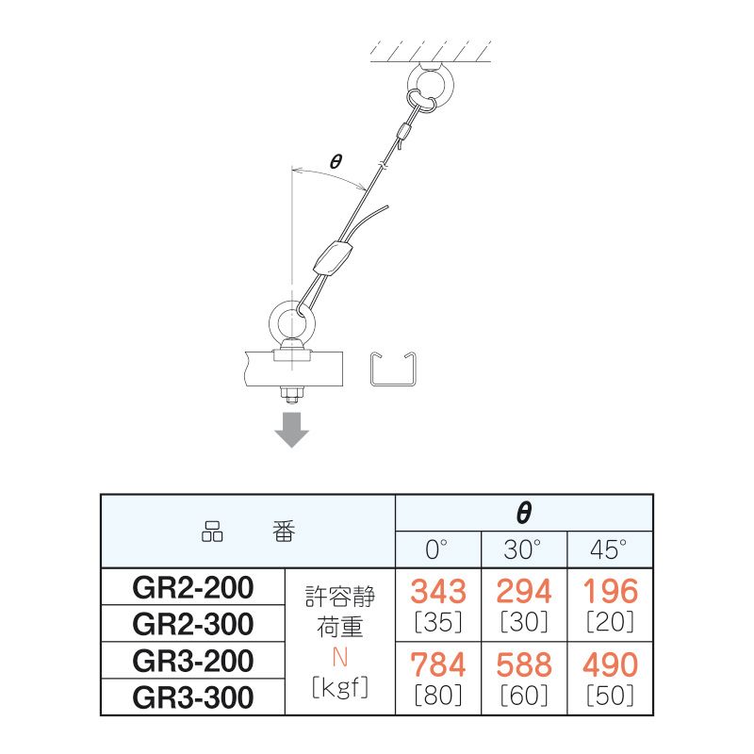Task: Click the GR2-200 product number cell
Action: [x=193, y=587]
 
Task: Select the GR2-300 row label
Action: [x=193, y=624]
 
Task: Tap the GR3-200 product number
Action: [x=193, y=661]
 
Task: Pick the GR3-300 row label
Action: [x=193, y=697]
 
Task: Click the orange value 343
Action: [x=438, y=591]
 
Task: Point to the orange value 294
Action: [x=524, y=591]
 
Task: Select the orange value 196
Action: [x=610, y=591]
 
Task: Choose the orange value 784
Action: [x=438, y=664]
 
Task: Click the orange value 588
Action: [x=524, y=664]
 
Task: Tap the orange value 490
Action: [x=610, y=664]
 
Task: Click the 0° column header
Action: [x=436, y=549]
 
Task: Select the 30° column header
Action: [x=522, y=549]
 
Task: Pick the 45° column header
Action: [x=608, y=549]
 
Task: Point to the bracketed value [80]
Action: [x=438, y=696]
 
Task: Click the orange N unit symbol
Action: [x=339, y=657]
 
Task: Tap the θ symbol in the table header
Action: [x=524, y=513]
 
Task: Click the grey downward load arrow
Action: [x=291, y=430]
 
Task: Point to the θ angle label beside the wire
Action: [x=336, y=161]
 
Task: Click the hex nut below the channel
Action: [x=291, y=396]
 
